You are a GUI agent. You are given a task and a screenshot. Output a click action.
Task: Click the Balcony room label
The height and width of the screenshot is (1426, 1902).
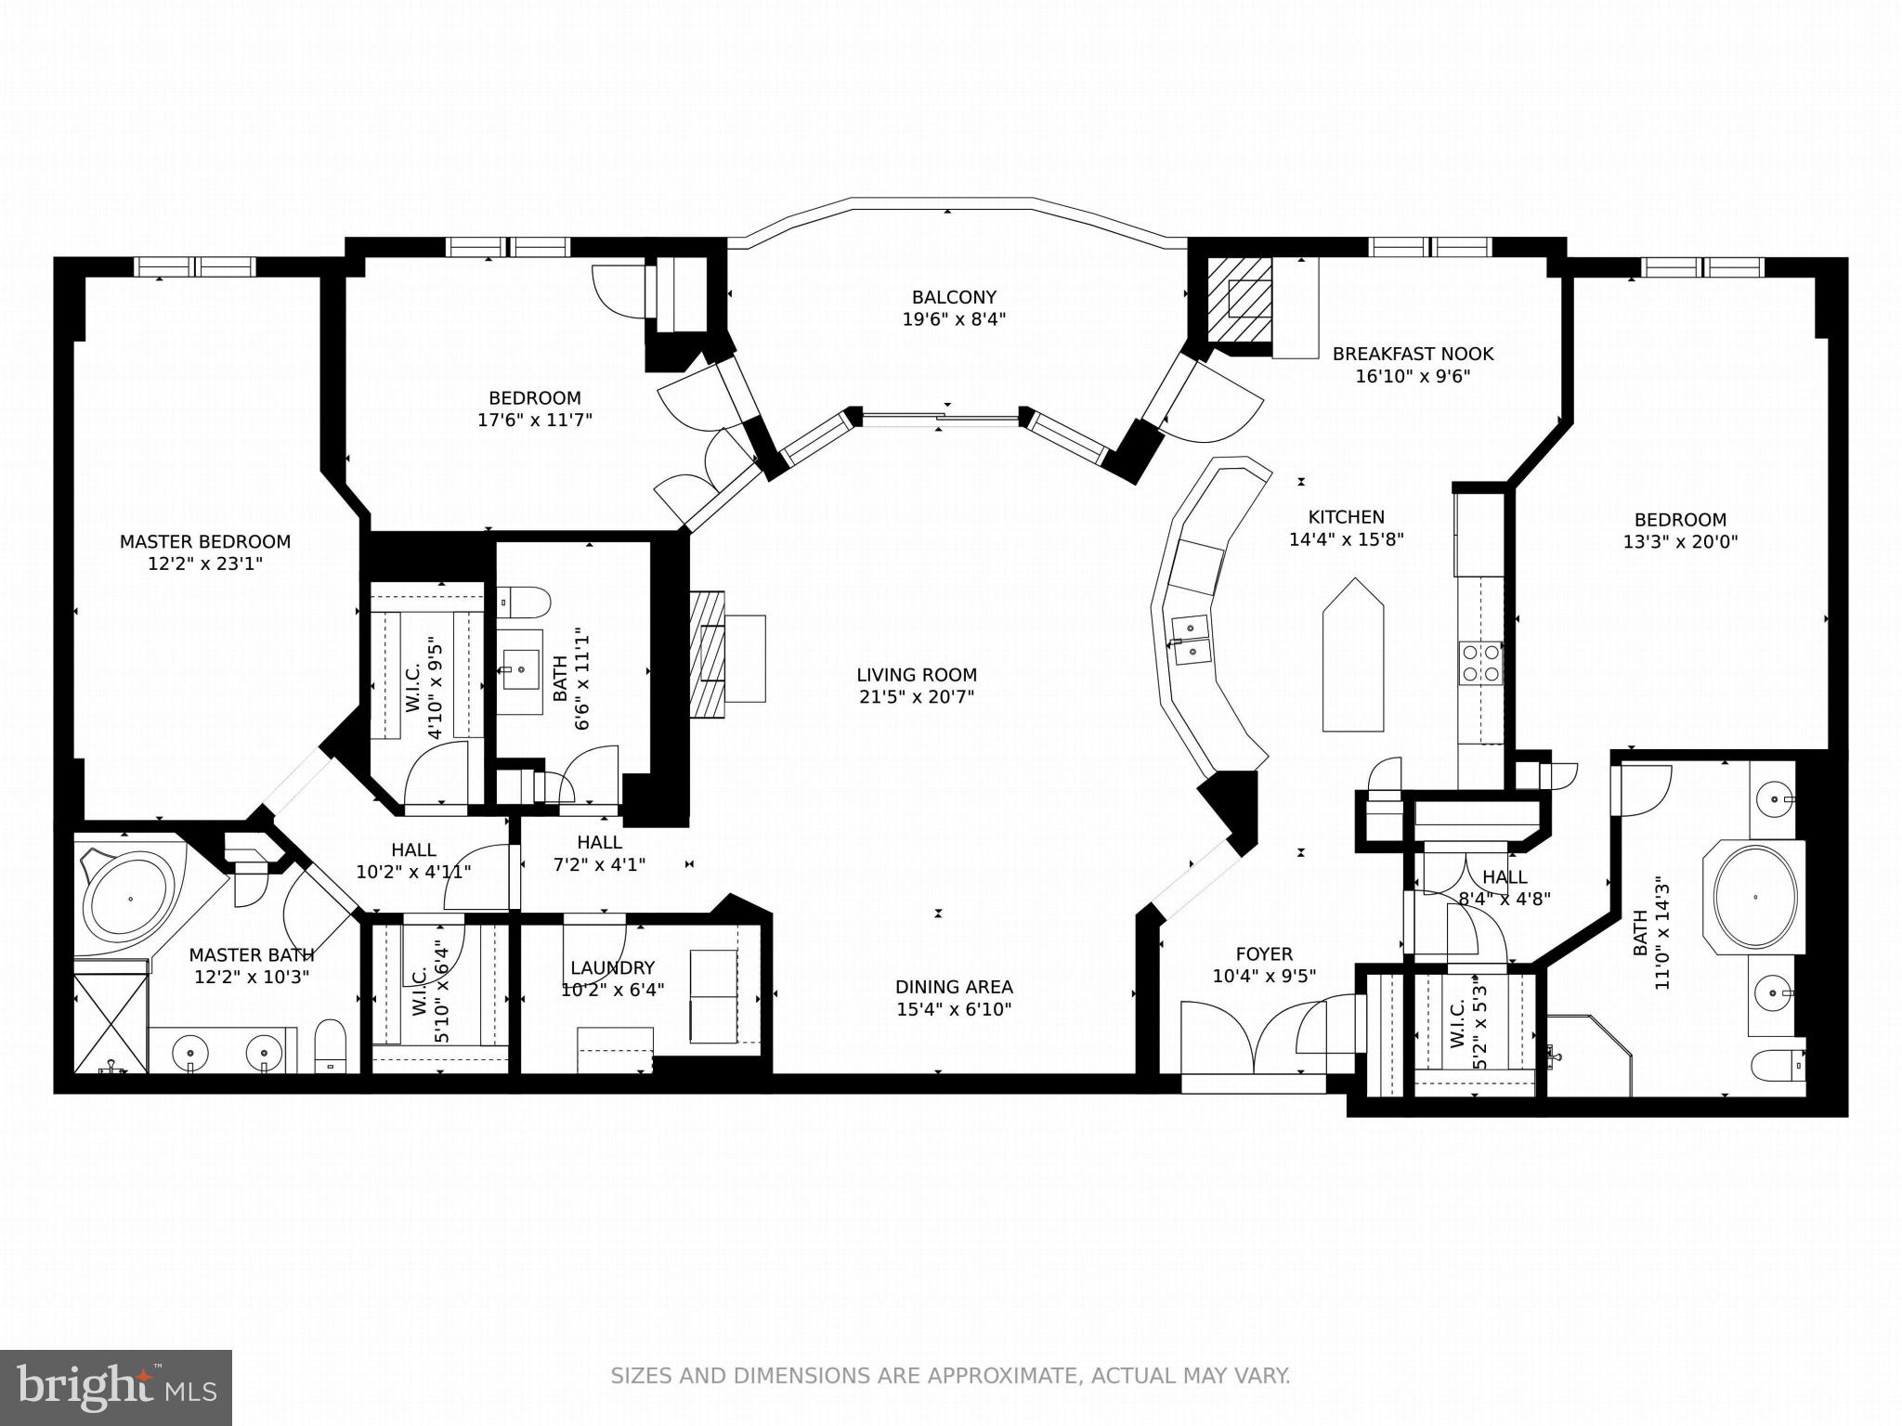pyautogui.click(x=954, y=298)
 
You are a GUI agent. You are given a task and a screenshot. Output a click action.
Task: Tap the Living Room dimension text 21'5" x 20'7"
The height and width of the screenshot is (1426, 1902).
pyautogui.click(x=916, y=697)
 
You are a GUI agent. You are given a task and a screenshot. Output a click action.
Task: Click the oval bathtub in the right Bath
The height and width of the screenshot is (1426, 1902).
pyautogui.click(x=1755, y=897)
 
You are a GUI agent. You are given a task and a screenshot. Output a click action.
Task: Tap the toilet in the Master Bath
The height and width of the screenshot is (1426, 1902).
pyautogui.click(x=330, y=1046)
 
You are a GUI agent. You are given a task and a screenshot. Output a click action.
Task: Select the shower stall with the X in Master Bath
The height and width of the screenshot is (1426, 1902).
pyautogui.click(x=111, y=1022)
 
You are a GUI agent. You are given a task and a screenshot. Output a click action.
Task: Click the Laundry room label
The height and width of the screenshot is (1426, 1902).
pyautogui.click(x=612, y=967)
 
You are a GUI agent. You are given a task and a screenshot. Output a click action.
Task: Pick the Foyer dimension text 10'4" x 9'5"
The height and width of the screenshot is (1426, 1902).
pyautogui.click(x=1264, y=977)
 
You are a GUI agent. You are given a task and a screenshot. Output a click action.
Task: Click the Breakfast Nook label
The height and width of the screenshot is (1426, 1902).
pyautogui.click(x=1413, y=354)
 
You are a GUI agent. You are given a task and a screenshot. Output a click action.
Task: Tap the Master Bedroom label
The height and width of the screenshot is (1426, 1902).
pyautogui.click(x=205, y=541)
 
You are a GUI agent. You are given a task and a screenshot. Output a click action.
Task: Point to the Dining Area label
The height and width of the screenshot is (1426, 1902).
pyautogui.click(x=954, y=987)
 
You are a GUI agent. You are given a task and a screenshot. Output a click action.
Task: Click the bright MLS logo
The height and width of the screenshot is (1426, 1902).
pyautogui.click(x=116, y=1388)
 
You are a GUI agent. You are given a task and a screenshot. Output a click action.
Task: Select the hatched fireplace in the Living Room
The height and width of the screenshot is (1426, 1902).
pyautogui.click(x=708, y=655)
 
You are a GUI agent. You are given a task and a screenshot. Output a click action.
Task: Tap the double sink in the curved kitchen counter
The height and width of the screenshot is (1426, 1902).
pyautogui.click(x=1191, y=641)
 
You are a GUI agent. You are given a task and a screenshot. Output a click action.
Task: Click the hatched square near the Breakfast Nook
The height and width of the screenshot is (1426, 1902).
pyautogui.click(x=1240, y=299)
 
